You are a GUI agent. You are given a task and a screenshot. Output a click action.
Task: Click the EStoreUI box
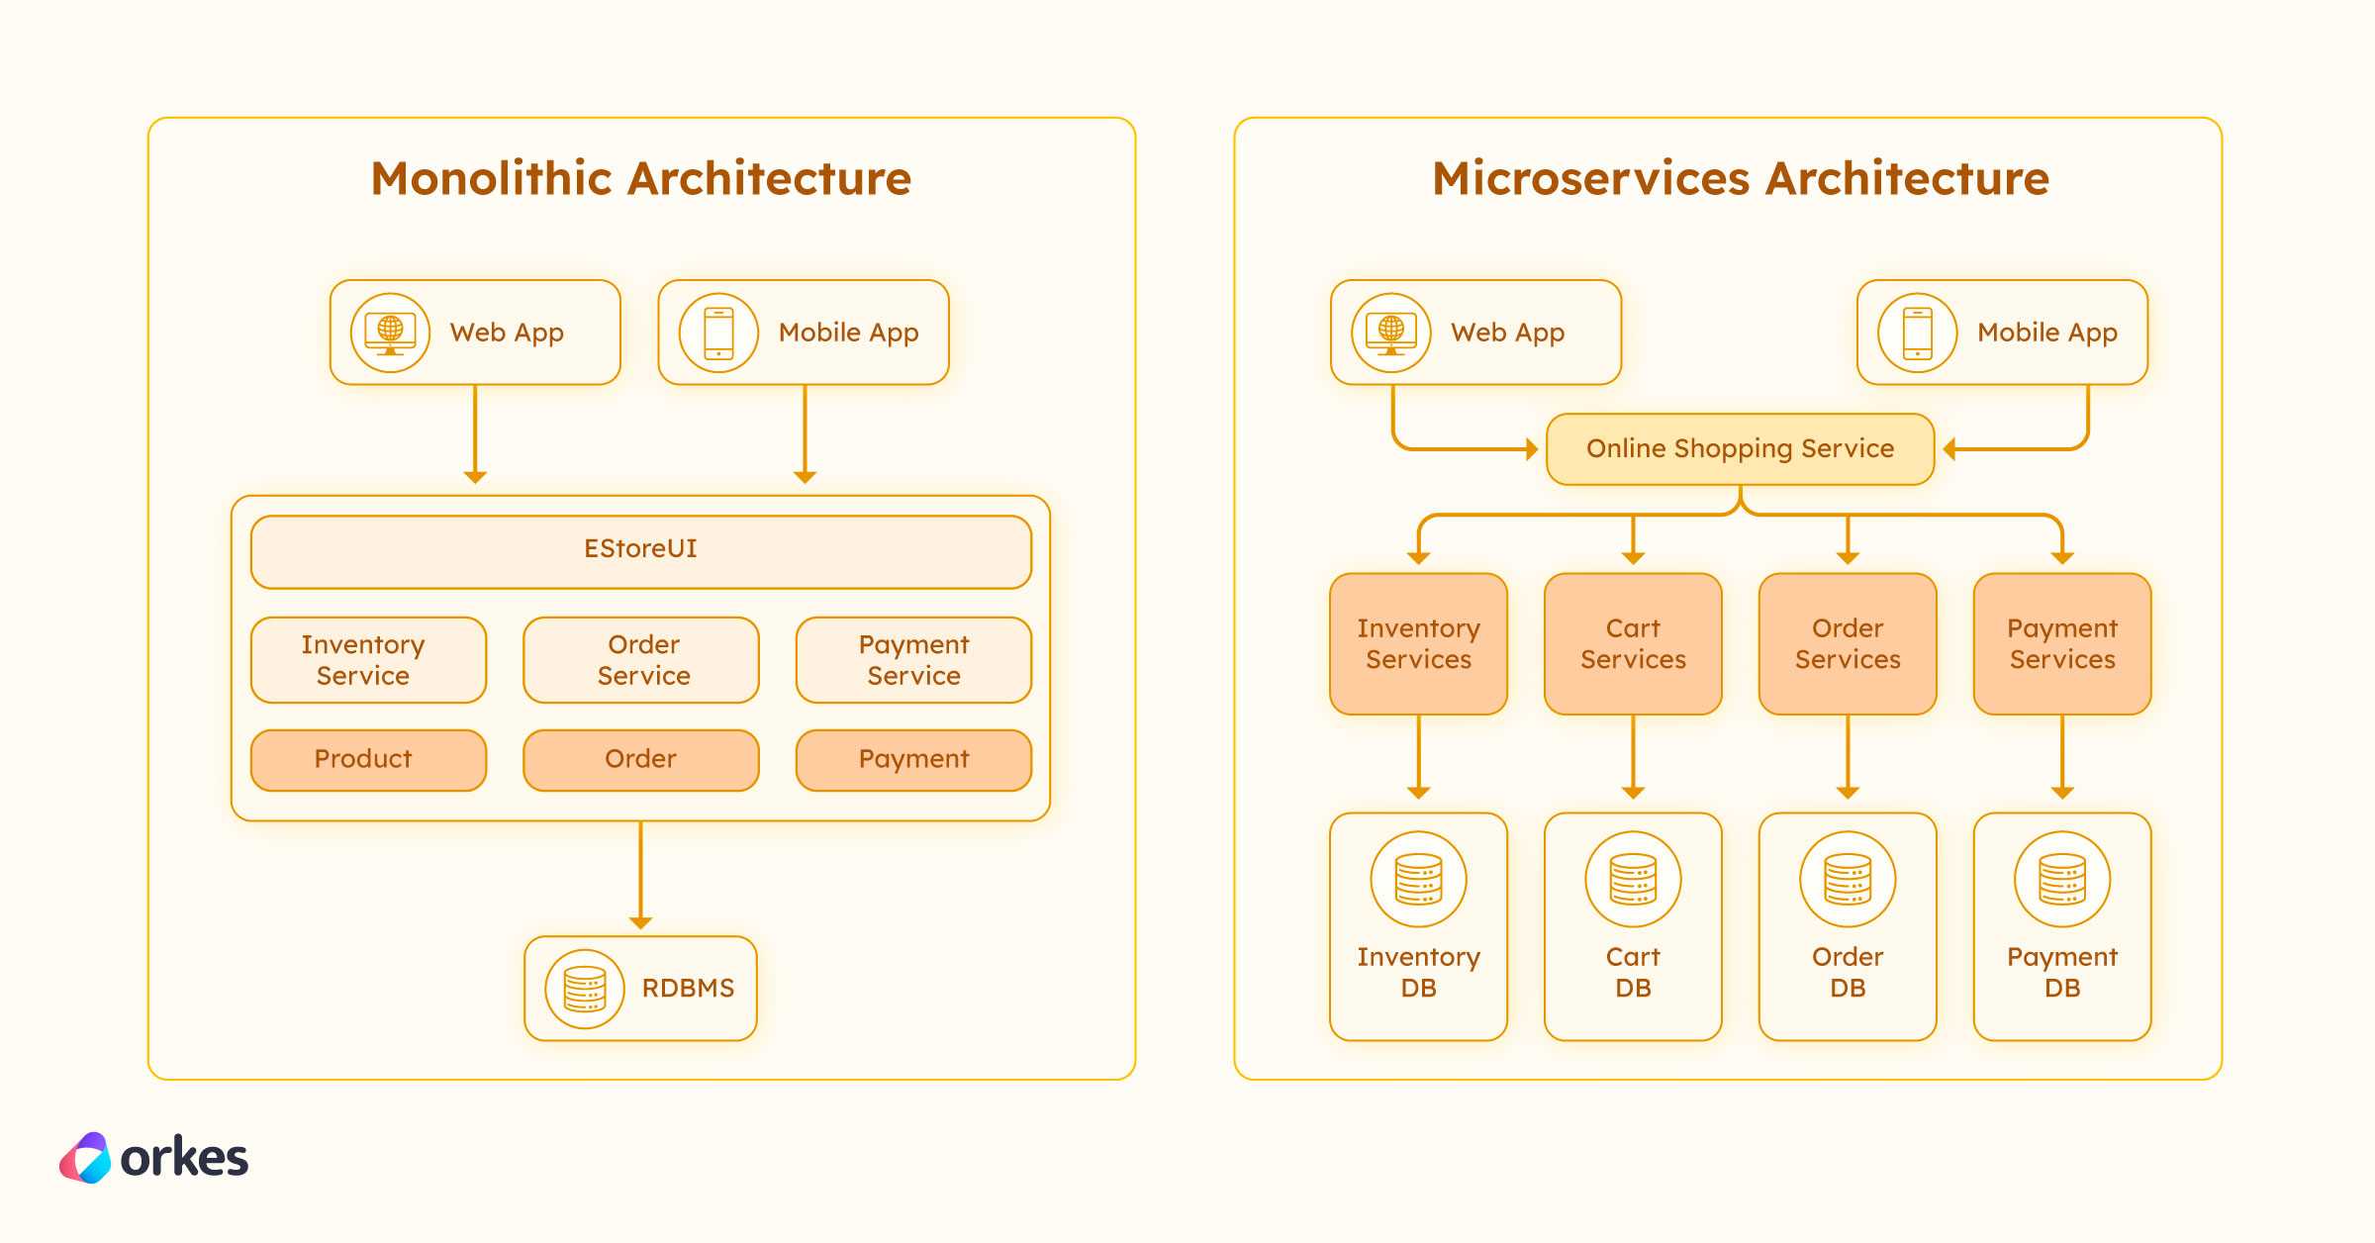641,551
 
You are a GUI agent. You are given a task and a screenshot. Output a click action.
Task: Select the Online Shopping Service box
1740,449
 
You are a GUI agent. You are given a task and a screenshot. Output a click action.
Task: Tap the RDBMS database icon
585,989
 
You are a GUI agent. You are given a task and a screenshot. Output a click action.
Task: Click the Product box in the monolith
368,760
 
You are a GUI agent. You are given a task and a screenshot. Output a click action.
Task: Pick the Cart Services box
1633,643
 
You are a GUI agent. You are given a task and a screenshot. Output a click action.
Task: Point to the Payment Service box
913,660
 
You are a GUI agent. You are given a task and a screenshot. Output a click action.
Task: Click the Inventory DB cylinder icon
1418,879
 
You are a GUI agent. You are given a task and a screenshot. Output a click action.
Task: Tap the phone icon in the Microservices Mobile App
1918,333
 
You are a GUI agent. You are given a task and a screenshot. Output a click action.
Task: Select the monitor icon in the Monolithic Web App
390,333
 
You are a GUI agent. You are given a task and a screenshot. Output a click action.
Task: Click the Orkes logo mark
86,1158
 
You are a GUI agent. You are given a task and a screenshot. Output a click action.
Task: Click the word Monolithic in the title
492,179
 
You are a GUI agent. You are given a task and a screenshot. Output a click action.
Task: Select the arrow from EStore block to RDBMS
641,875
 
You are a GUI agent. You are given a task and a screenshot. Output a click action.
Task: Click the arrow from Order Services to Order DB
1848,757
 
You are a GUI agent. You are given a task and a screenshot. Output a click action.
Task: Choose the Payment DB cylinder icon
2062,879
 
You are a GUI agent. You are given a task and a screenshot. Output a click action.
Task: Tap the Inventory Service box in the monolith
368,660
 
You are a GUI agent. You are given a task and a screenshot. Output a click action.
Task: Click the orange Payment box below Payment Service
913,760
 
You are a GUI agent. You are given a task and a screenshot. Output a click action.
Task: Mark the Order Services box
1848,643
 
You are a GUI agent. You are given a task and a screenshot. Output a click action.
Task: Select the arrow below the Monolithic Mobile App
805,434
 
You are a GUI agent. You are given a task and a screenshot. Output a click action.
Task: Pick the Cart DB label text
1633,972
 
